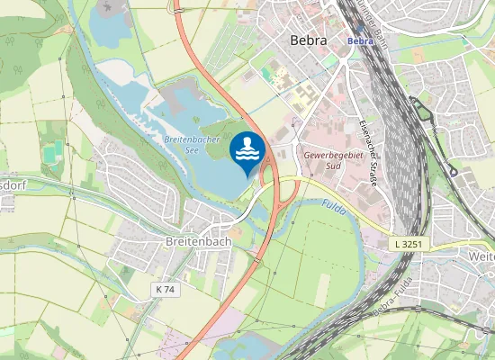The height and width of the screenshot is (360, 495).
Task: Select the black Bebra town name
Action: tap(309, 40)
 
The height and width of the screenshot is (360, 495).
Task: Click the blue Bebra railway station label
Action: tap(360, 40)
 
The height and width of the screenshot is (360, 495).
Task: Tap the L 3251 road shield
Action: tap(407, 244)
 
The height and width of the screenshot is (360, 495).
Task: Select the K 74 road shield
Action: tap(164, 289)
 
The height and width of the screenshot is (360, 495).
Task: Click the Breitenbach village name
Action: tap(199, 241)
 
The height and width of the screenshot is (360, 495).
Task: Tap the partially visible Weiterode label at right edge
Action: tap(481, 256)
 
